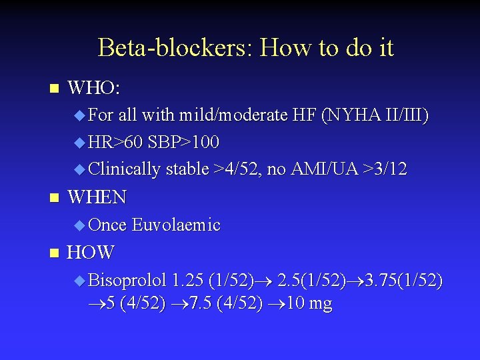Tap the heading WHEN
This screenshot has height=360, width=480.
click(x=97, y=197)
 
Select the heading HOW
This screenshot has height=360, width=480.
click(x=91, y=253)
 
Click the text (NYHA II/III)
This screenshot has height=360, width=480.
click(x=375, y=116)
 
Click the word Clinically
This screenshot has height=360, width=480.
click(x=124, y=169)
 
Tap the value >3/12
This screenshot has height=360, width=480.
click(x=383, y=169)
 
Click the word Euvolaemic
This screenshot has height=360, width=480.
click(x=176, y=225)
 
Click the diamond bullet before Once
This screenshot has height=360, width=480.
click(x=79, y=225)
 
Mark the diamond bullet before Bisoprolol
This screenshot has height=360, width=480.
click(x=79, y=280)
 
